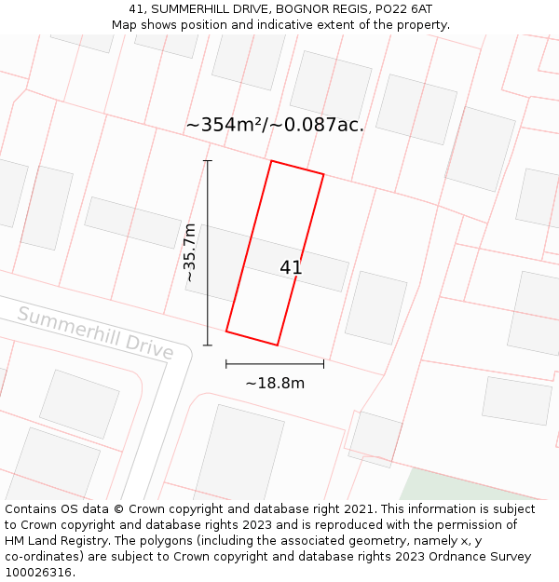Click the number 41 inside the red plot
point(291,268)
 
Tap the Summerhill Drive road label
point(95,332)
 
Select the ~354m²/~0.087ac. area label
point(275,125)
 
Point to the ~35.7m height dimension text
point(189,252)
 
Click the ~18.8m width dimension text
point(275,383)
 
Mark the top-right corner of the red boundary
point(323,174)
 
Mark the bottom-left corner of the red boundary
point(226,331)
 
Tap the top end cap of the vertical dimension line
point(208,161)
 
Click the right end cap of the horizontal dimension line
point(323,363)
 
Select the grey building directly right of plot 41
point(375,307)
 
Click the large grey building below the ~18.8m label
point(239,453)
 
